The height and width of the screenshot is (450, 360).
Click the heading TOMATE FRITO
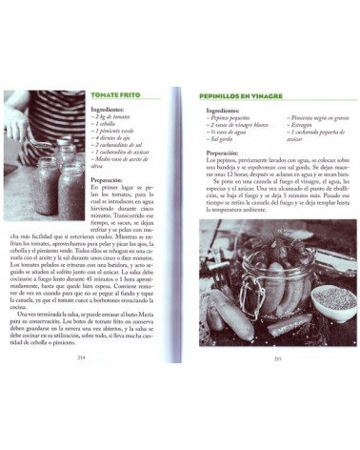point(116,96)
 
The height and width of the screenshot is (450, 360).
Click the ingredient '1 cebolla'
point(107,124)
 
